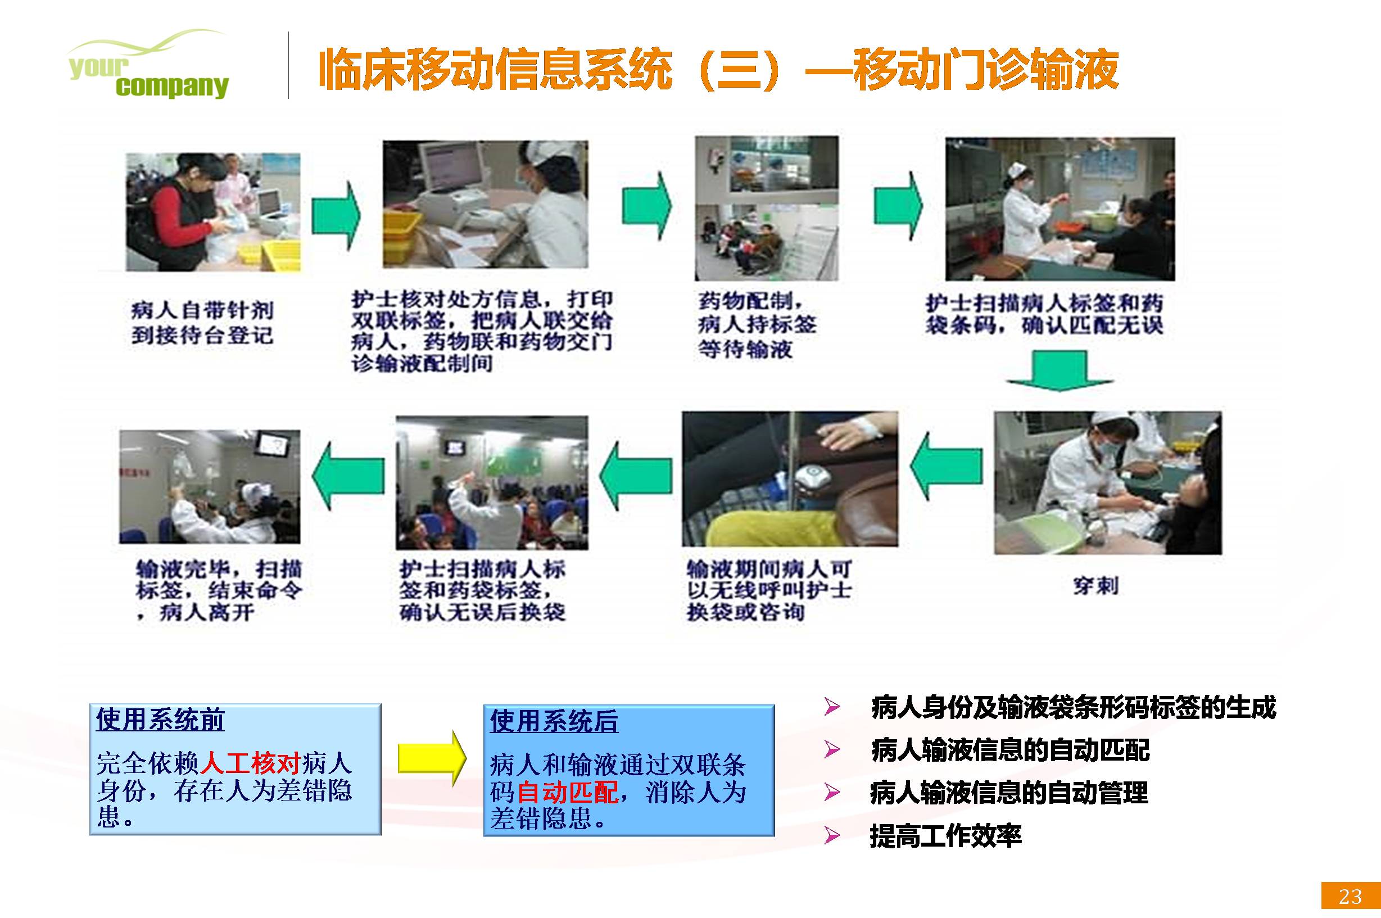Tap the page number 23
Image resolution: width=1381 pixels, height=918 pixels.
[1351, 896]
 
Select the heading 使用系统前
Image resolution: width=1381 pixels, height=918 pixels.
[160, 720]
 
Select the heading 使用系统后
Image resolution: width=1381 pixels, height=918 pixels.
[554, 721]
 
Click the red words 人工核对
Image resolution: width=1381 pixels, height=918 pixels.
[251, 763]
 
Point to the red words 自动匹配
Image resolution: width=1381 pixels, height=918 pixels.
[567, 792]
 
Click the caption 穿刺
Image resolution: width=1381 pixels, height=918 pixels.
[1095, 585]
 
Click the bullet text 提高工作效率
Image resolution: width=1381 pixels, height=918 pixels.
[945, 836]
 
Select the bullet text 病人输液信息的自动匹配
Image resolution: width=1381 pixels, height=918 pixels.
[1010, 750]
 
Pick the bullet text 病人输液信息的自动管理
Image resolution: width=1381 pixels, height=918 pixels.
[1009, 793]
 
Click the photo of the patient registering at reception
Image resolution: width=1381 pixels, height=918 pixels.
[213, 212]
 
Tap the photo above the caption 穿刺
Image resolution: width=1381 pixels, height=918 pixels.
[1108, 483]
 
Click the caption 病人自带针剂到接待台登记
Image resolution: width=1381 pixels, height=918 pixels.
[202, 323]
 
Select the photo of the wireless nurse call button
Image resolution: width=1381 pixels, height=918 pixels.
[790, 479]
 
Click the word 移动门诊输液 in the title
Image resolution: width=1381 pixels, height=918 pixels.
[986, 70]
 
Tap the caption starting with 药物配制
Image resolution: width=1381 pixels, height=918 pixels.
[757, 325]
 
